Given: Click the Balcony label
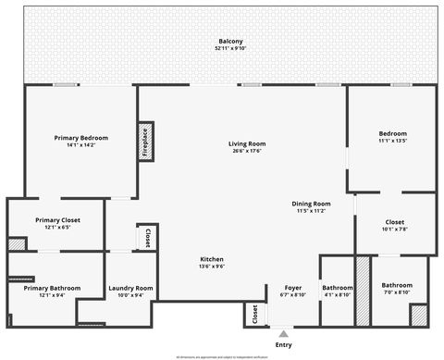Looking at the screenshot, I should click(230, 42).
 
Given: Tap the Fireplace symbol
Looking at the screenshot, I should click(145, 143).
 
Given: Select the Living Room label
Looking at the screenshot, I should click(248, 143).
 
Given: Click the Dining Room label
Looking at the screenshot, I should click(311, 204).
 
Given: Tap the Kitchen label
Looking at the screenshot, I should click(212, 259).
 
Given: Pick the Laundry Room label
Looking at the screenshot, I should click(130, 289).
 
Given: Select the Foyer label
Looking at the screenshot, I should click(293, 288).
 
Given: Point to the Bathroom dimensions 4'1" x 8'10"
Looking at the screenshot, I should click(338, 296).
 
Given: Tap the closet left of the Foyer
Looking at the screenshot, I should click(254, 315).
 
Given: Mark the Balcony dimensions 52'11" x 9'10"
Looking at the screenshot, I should click(230, 49).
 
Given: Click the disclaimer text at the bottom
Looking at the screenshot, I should click(221, 355).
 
